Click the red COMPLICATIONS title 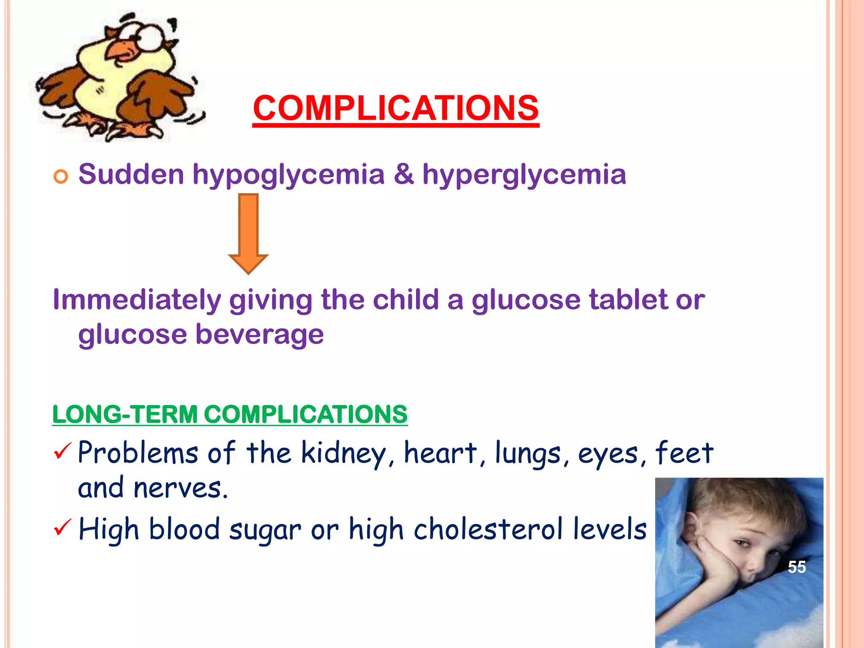[396, 108]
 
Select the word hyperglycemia [524, 175]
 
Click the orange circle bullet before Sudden [61, 176]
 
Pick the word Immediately [137, 300]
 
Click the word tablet [628, 300]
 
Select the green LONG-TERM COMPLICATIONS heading [230, 414]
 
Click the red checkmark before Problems [62, 451]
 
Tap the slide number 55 [797, 567]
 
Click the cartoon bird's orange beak [123, 51]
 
